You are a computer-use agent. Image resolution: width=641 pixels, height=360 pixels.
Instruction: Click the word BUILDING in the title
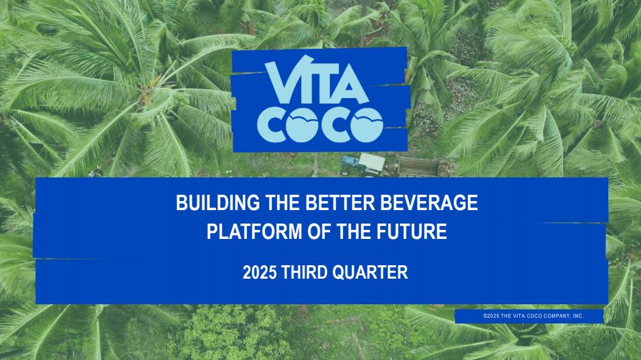[217, 202]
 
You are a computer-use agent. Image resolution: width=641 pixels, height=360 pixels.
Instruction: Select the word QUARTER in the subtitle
[370, 272]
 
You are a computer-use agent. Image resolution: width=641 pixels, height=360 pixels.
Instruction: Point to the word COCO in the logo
[320, 125]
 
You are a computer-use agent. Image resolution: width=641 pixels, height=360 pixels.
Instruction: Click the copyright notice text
[533, 316]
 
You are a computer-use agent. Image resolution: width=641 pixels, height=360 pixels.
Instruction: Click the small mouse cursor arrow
[99, 167]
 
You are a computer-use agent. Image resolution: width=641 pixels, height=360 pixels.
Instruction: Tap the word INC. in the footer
[578, 316]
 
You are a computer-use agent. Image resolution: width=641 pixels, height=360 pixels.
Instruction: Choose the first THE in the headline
[283, 202]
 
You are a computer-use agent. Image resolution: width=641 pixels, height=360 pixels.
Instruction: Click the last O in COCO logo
[367, 125]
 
